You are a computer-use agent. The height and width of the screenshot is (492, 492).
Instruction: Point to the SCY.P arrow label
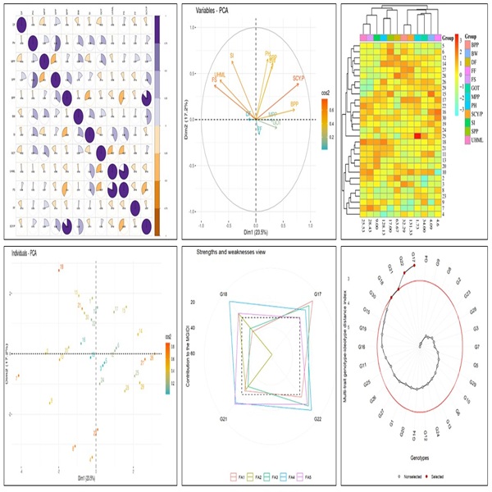click(298, 76)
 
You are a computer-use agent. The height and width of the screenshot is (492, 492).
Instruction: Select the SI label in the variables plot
click(232, 55)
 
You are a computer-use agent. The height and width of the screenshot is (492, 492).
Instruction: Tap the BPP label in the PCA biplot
click(294, 104)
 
